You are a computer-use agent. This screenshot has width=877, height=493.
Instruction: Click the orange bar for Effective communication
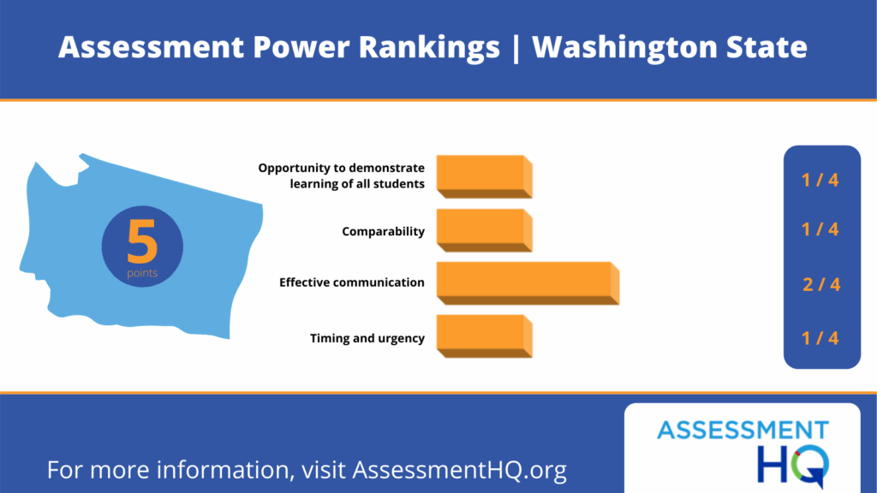click(x=528, y=283)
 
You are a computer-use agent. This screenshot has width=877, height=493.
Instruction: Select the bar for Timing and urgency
click(x=485, y=336)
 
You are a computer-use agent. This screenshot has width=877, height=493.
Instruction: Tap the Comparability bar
click(x=485, y=230)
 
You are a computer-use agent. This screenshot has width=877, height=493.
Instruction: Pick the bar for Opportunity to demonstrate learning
click(x=485, y=176)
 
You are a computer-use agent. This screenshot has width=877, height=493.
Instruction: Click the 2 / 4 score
click(x=821, y=284)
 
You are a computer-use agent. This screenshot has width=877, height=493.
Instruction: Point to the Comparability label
click(x=383, y=231)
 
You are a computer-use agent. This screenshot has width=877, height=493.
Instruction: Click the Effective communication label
click(x=352, y=282)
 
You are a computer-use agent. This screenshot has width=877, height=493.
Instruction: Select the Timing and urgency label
click(x=367, y=338)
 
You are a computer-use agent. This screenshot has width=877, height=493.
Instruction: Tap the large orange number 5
click(x=142, y=241)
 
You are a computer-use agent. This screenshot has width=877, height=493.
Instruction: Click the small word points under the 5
click(x=142, y=273)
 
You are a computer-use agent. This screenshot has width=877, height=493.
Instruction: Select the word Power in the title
click(x=301, y=47)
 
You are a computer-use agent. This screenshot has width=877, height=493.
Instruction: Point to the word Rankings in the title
click(x=429, y=48)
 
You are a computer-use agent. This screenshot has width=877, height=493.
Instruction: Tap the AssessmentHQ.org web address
click(x=459, y=470)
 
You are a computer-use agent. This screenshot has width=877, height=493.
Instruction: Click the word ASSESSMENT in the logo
click(x=743, y=431)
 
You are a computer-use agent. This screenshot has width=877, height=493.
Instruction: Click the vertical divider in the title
click(x=516, y=48)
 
